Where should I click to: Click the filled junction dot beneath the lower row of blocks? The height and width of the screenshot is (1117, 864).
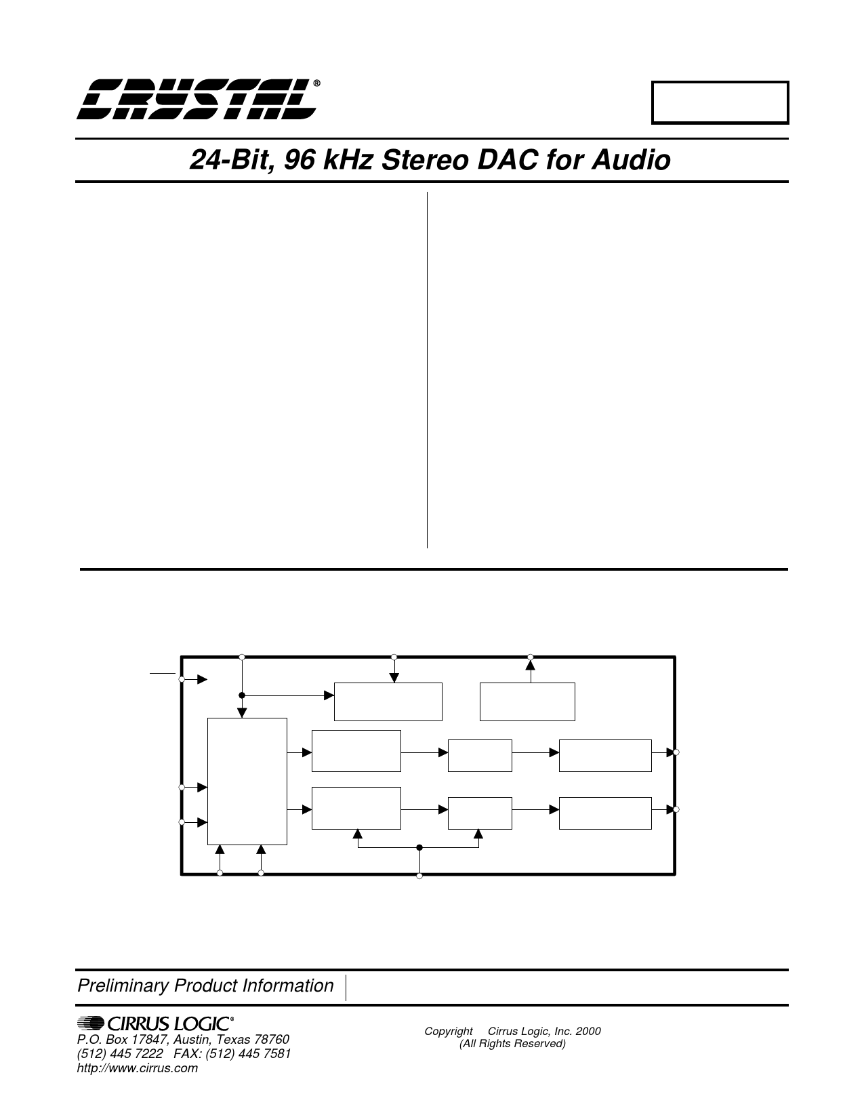pos(419,847)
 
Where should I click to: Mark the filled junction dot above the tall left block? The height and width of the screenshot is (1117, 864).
pos(242,695)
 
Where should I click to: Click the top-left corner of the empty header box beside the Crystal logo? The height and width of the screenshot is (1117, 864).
pos(652,81)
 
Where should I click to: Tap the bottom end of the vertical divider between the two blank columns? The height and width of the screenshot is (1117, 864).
pos(427,548)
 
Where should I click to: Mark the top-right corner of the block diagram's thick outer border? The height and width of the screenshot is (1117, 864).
pos(674,657)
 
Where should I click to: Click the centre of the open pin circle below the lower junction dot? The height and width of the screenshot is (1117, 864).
pos(419,876)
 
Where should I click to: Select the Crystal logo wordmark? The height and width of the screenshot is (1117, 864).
pos(197,100)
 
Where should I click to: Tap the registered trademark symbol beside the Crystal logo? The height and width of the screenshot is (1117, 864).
pos(316,83)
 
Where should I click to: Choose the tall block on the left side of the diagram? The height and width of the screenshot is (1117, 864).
pos(247,781)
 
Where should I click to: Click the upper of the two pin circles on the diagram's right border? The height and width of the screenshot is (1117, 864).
pos(676,752)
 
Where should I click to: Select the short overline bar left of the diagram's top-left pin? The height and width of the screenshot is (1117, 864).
pos(163,673)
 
